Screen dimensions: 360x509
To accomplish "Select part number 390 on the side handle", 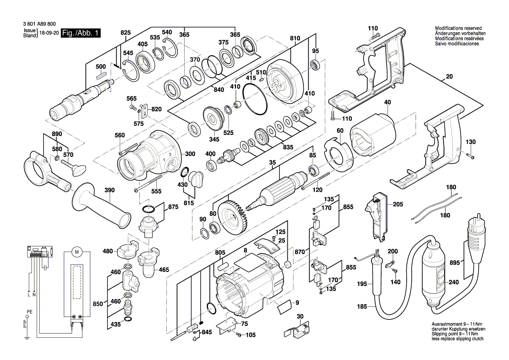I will coord(110,191).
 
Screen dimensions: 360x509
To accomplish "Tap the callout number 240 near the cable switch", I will coord(453,282).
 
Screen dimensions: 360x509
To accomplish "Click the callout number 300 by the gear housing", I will coord(190,154).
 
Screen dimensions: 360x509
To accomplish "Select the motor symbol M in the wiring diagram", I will coord(77,251).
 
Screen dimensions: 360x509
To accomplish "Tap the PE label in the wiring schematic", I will coord(30,312).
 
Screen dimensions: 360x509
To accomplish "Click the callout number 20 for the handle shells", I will coord(449,77).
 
